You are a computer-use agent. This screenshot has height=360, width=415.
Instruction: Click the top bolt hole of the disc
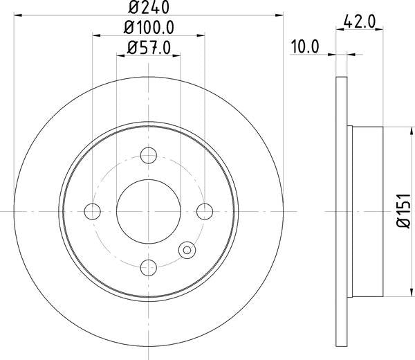[x=148, y=155]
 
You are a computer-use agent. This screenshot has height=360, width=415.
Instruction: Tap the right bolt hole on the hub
[x=204, y=210]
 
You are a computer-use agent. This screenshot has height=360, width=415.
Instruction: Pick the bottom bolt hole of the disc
[x=148, y=266]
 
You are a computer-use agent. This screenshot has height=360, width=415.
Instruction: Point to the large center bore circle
[x=148, y=210]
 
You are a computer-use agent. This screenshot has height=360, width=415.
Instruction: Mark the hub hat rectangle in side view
[x=367, y=210]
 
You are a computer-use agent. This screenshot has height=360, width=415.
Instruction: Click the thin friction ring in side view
[x=340, y=210]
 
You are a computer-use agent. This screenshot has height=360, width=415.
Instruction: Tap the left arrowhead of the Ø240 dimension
[x=17, y=14]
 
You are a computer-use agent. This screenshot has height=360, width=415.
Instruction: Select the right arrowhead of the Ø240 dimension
[x=279, y=14]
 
